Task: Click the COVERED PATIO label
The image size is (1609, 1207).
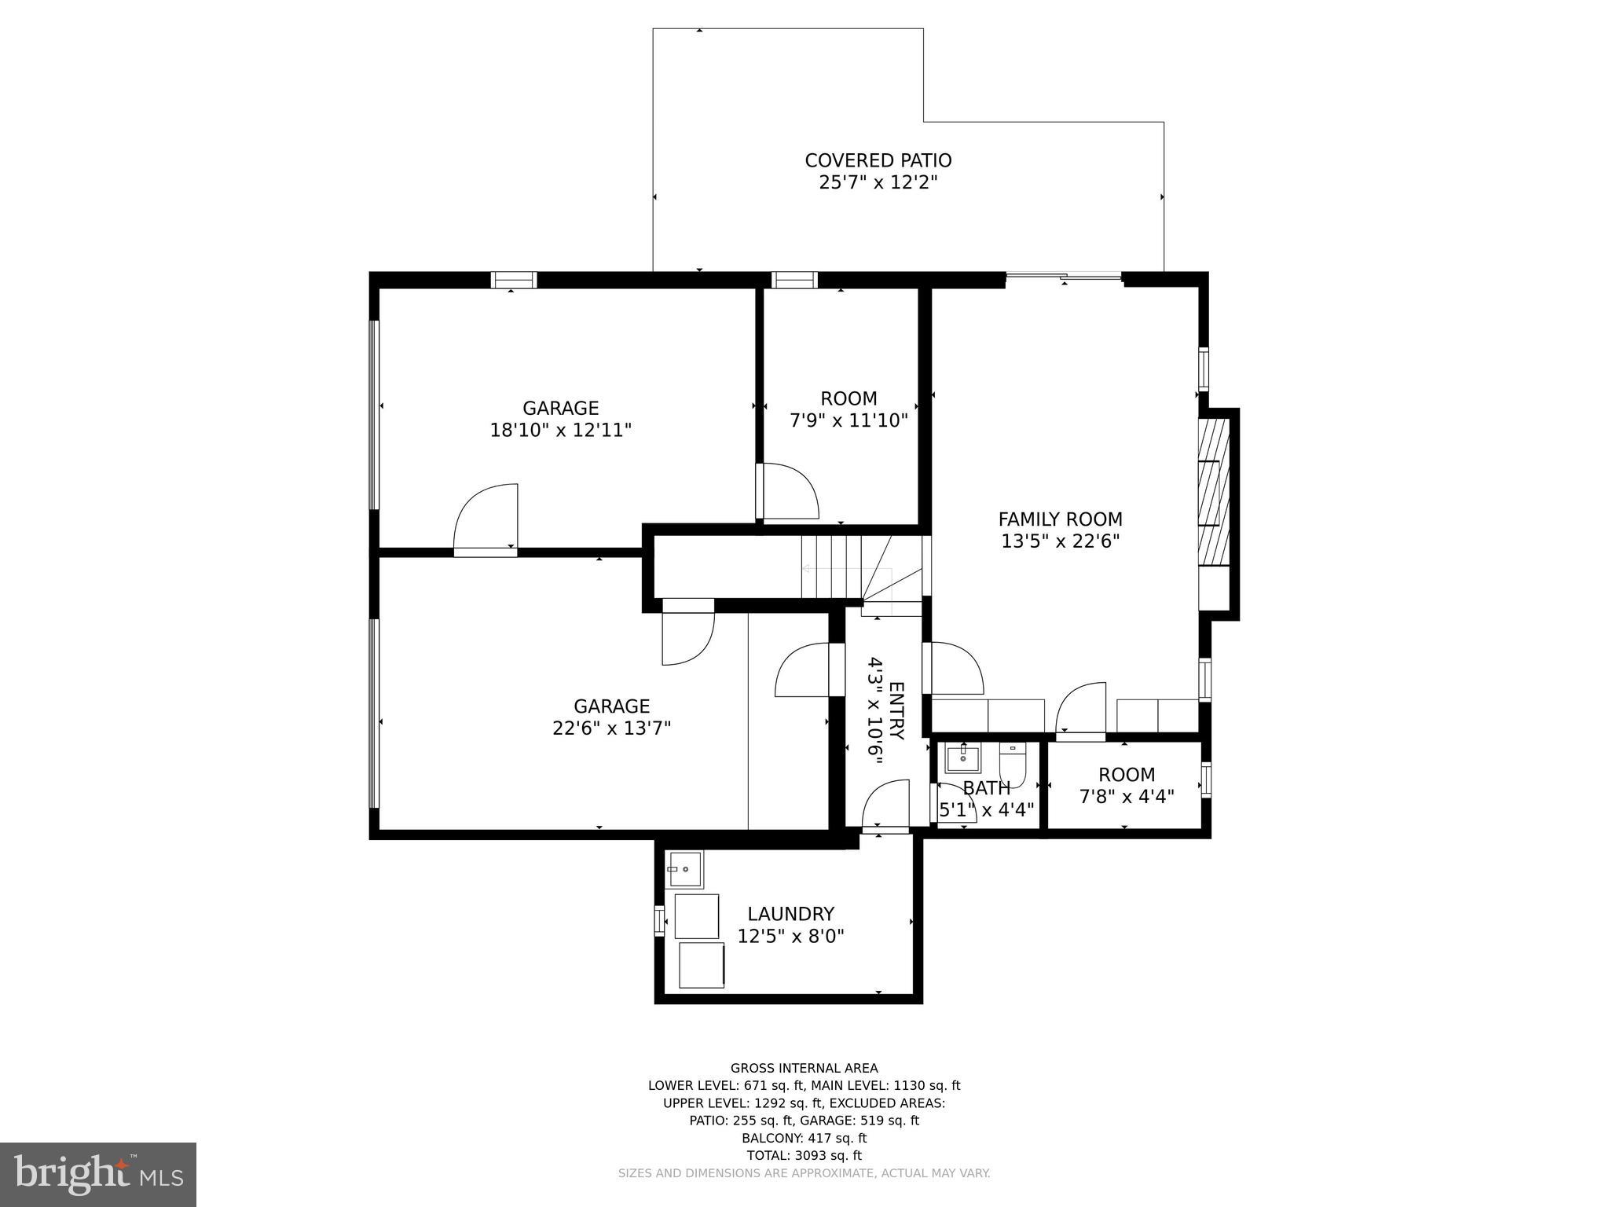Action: [x=878, y=160]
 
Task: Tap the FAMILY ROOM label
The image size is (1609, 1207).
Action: [x=1060, y=519]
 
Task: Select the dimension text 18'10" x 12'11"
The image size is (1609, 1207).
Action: [x=560, y=430]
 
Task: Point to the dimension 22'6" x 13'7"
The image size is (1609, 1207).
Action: [x=611, y=728]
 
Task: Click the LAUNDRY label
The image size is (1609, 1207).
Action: [x=790, y=914]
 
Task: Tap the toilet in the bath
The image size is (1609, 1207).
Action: [x=1012, y=765]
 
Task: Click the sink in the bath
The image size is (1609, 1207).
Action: [x=962, y=759]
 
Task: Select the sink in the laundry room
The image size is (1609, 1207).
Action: [x=685, y=869]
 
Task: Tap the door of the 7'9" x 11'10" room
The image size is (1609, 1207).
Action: [x=788, y=492]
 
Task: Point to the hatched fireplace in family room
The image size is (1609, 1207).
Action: [x=1213, y=492]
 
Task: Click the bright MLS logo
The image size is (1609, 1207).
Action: [x=98, y=1174]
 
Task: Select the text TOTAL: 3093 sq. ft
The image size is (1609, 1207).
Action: [x=804, y=1155]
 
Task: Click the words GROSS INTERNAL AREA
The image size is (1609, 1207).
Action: [x=804, y=1068]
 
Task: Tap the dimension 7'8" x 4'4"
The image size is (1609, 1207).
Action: [x=1126, y=797]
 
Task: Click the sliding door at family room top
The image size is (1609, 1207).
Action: [x=1064, y=276]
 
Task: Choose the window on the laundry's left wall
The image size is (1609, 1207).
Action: [x=659, y=920]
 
